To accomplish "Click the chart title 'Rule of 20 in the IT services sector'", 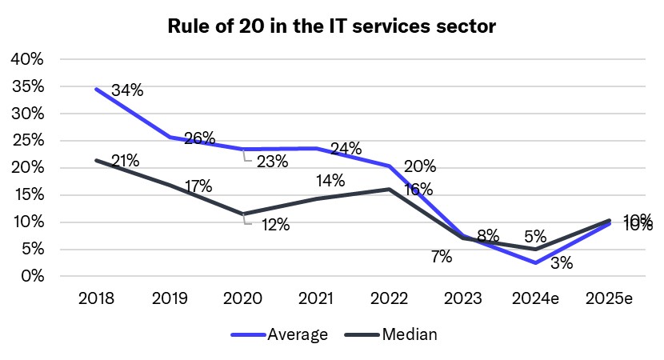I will [332, 26].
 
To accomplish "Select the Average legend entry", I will [279, 334].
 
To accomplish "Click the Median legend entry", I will [391, 334].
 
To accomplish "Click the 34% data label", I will [127, 90].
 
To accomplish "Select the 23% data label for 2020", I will [273, 161].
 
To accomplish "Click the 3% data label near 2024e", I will [562, 262].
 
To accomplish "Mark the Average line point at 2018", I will [96, 89].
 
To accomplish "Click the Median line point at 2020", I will [242, 214].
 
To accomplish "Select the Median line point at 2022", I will [389, 189].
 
